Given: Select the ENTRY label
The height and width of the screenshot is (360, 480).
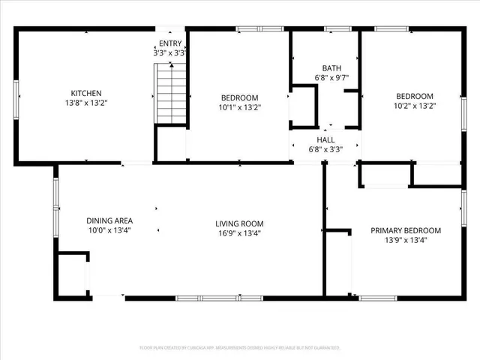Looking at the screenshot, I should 169,43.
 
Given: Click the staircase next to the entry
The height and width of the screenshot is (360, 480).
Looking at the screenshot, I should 171,94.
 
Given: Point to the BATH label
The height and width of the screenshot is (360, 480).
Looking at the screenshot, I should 331,67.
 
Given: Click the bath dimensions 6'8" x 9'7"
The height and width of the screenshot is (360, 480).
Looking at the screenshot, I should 331,78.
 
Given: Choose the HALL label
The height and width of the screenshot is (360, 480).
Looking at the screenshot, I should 326,139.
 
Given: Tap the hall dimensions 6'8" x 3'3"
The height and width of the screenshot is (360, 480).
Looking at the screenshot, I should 326,149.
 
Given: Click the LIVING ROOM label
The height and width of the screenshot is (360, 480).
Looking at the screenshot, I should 239,223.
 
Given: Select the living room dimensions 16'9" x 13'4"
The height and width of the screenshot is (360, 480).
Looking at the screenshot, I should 239,233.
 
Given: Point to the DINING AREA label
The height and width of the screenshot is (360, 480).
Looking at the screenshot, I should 109,220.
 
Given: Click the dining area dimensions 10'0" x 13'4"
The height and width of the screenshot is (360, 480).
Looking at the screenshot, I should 109,230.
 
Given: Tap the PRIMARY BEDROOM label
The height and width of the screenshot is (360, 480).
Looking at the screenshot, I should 406,230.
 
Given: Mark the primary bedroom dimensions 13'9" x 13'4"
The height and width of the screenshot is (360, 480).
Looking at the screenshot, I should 406,241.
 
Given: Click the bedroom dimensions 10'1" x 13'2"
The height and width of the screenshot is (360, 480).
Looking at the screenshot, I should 239,107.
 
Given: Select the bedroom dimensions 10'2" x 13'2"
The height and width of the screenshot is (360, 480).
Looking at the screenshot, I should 415,106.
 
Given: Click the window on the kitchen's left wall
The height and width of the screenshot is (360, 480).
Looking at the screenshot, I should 17,94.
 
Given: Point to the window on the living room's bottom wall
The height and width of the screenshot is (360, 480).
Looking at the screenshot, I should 219,298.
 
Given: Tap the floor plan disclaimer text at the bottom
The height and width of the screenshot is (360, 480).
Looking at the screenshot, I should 240,348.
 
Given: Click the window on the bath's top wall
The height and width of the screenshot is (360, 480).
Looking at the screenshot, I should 337,28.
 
